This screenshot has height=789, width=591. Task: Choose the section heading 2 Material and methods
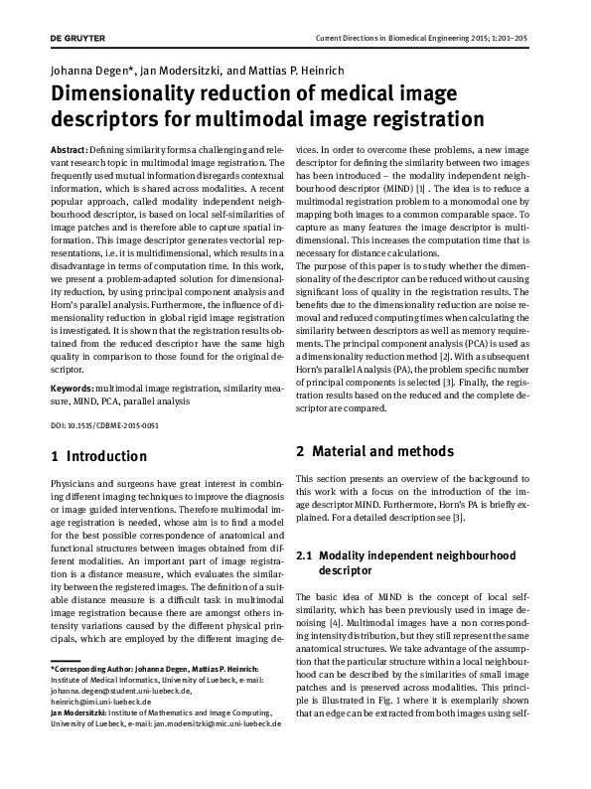pos(375,451)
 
